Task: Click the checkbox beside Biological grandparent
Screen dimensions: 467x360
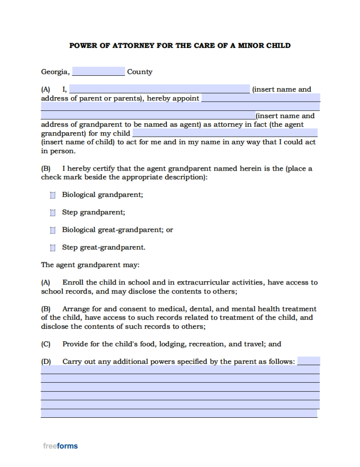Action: pyautogui.click(x=53, y=195)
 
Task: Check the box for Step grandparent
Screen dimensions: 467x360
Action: pyautogui.click(x=53, y=213)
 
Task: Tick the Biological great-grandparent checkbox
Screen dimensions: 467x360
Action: pyautogui.click(x=53, y=230)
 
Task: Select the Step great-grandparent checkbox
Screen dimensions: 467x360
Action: pyautogui.click(x=53, y=248)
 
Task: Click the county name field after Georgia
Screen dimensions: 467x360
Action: pyautogui.click(x=98, y=72)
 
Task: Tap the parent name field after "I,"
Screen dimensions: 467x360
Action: pyautogui.click(x=159, y=89)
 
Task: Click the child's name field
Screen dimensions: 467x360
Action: pyautogui.click(x=224, y=133)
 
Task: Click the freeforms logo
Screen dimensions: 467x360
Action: pyautogui.click(x=60, y=446)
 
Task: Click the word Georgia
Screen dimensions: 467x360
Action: pyautogui.click(x=55, y=72)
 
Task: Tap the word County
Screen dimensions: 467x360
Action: pyautogui.click(x=140, y=72)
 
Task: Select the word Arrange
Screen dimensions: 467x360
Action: pyautogui.click(x=76, y=309)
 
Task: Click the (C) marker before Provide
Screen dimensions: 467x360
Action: pyautogui.click(x=46, y=344)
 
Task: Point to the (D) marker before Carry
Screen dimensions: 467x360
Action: pyautogui.click(x=46, y=362)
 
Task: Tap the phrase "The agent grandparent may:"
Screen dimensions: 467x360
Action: pyautogui.click(x=90, y=265)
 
